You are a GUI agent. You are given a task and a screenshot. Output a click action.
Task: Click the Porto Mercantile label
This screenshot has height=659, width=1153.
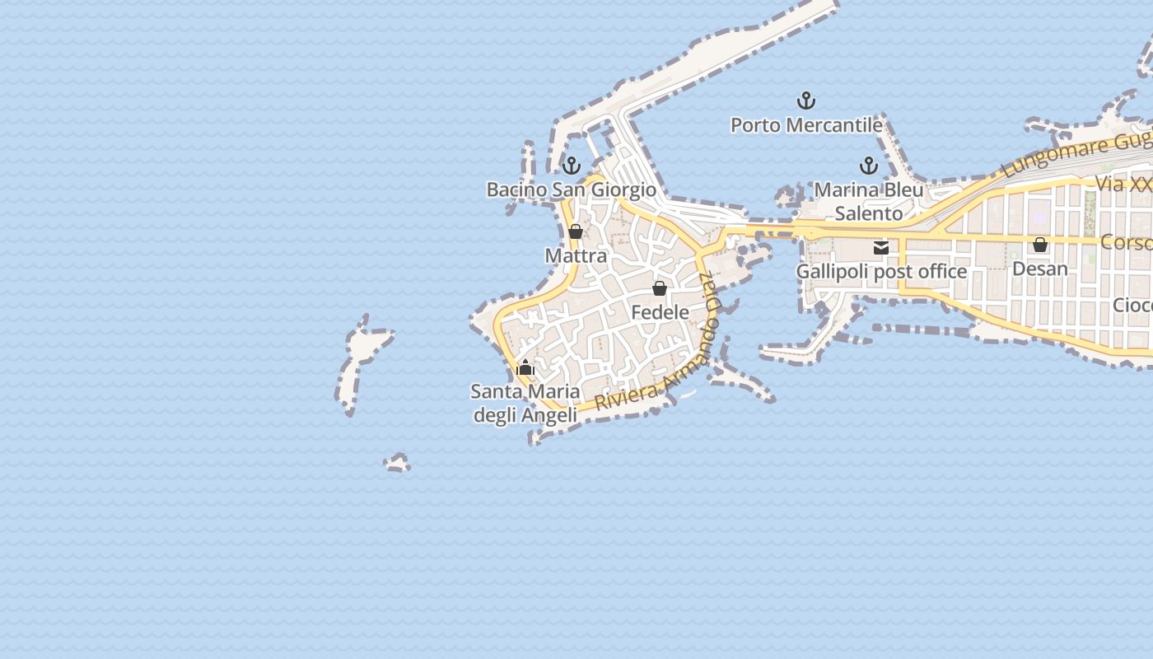coord(806,125)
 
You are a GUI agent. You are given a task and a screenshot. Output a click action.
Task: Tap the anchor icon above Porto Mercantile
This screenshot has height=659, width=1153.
coord(806,101)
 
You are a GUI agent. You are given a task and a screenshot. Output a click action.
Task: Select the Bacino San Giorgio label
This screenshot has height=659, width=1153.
coord(572,189)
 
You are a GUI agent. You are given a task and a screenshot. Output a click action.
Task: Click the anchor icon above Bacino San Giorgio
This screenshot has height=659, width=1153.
coord(572,165)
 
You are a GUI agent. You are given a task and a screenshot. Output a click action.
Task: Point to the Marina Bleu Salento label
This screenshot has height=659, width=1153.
coord(869,202)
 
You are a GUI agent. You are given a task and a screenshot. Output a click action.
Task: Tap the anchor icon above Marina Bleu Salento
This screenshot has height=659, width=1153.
coord(869,166)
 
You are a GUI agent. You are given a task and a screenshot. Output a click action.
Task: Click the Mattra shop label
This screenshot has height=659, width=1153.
coord(576,256)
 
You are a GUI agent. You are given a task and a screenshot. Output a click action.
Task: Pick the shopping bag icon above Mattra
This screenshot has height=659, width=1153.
coord(576,231)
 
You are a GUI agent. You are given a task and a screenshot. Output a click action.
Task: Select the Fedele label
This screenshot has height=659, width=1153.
coord(660,312)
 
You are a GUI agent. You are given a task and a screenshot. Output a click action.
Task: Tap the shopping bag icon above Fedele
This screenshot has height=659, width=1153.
coord(660,288)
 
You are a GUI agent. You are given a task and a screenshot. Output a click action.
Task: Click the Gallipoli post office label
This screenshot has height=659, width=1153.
coord(881,271)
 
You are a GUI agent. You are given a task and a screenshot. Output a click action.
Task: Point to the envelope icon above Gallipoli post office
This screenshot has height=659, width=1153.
coord(881,247)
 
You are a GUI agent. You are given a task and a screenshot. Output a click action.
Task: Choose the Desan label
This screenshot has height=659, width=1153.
coord(1040,269)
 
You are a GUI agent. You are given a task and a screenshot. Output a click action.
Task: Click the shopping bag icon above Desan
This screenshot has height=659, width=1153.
coord(1040,245)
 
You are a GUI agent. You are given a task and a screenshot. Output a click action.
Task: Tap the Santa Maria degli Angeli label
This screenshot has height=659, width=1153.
coord(525,404)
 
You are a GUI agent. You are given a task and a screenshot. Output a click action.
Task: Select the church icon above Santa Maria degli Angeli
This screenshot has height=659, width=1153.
coord(525,367)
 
